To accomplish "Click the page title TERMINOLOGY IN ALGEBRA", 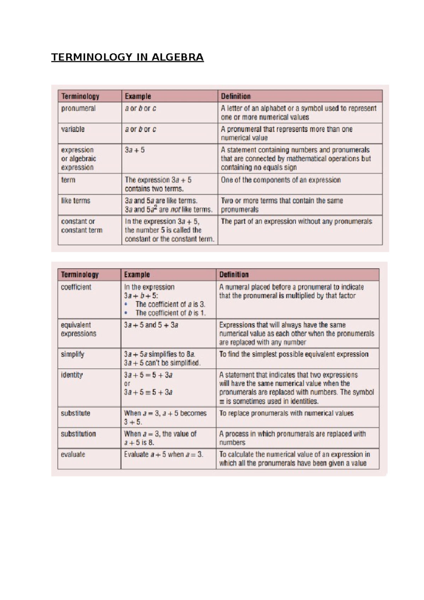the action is tap(127, 57).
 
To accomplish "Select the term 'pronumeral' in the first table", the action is tap(78, 108).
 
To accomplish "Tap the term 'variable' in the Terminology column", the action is tap(73, 129).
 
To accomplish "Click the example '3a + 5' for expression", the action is tap(135, 150).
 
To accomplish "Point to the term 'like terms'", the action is tap(76, 201).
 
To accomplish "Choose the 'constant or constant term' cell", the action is tap(82, 226).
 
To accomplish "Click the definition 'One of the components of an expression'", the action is tap(281, 180).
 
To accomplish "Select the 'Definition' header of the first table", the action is tap(236, 96).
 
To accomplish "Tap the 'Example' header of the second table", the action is tap(137, 275).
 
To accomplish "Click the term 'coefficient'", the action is tap(76, 287).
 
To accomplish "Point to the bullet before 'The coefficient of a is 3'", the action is tap(126, 304).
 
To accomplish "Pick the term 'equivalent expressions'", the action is tap(78, 329).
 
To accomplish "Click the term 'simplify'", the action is tap(72, 354).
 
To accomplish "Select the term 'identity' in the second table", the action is tap(72, 375).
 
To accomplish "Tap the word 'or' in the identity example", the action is tap(127, 383).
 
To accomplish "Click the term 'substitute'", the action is tap(75, 413).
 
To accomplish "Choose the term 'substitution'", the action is tap(78, 434).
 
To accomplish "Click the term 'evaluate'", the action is tap(73, 454).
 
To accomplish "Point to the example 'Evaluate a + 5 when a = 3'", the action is tap(164, 454).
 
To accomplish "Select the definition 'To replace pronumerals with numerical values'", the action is tap(286, 413).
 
